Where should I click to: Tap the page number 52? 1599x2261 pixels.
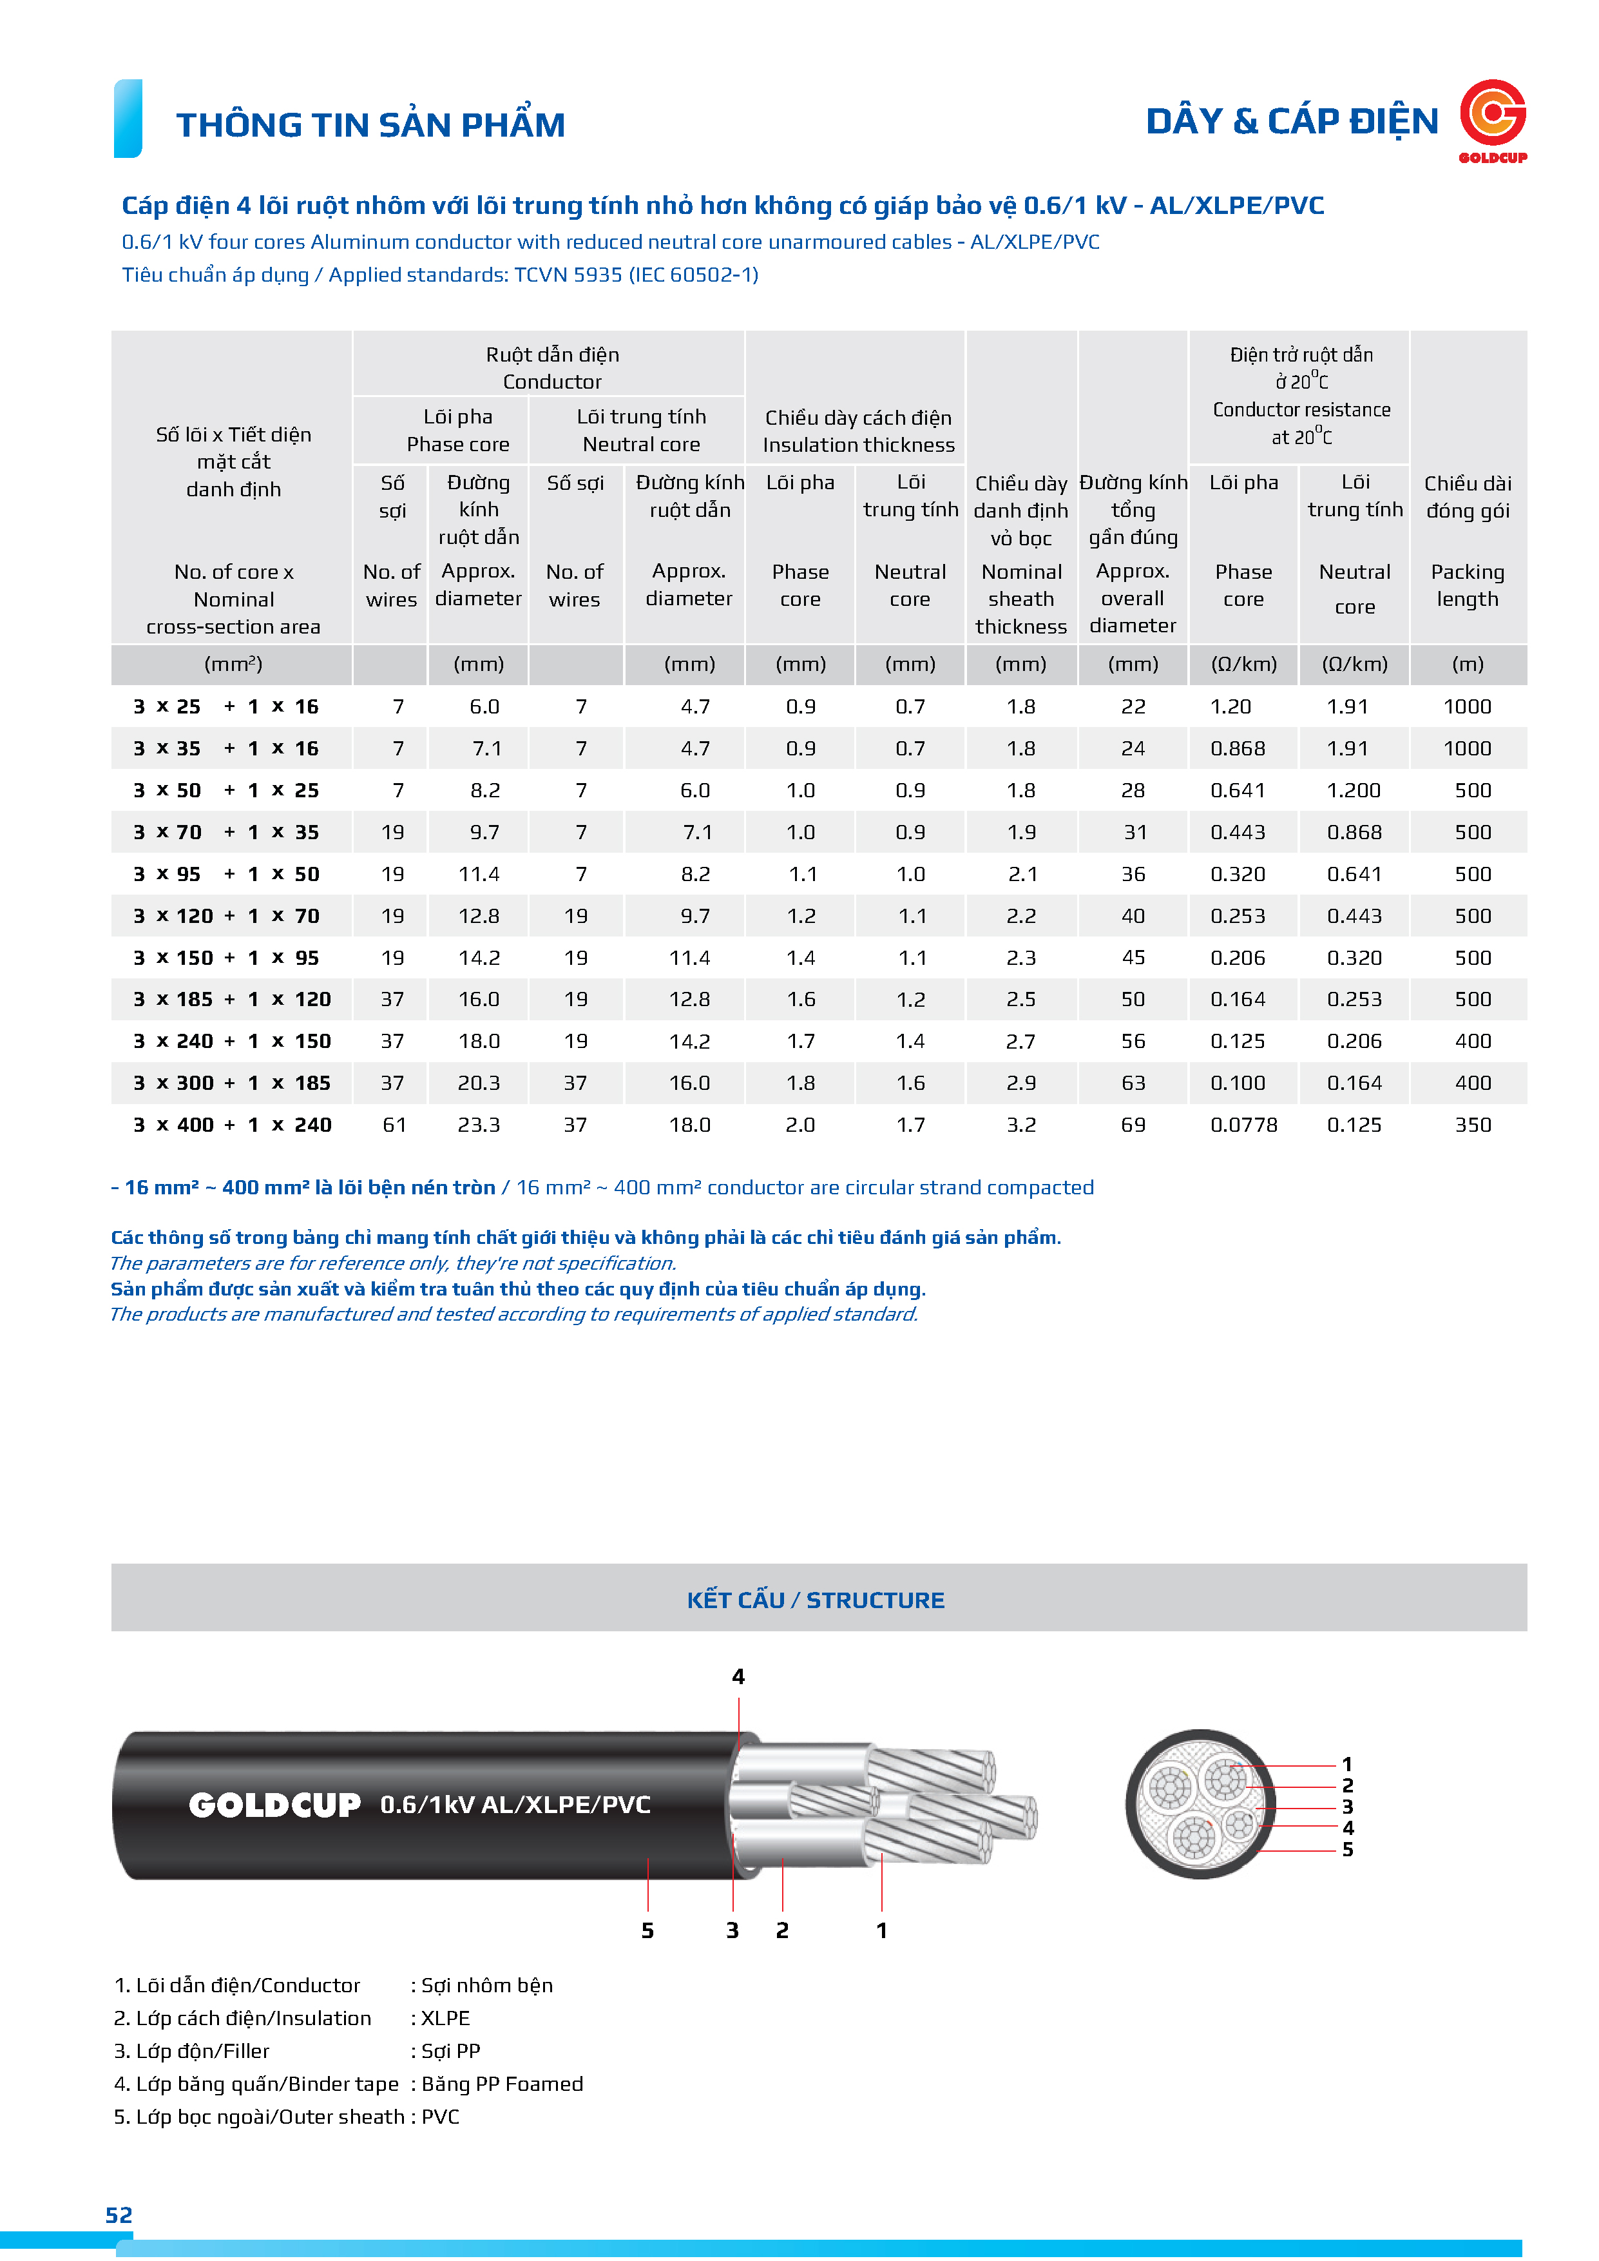point(119,2215)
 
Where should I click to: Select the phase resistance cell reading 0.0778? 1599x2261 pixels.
point(1243,1125)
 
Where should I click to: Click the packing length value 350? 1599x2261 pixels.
point(1472,1125)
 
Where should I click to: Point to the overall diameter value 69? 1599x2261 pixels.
point(1133,1125)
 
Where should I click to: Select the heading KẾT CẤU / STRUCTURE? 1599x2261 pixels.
point(815,1600)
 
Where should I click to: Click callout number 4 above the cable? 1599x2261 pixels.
point(738,1676)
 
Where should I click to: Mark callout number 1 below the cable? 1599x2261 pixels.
point(881,1930)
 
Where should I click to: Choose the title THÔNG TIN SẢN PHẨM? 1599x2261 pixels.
point(370,125)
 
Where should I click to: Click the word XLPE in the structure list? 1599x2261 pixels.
point(445,2018)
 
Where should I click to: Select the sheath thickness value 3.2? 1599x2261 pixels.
point(1021,1125)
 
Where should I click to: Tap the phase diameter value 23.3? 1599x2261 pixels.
point(479,1125)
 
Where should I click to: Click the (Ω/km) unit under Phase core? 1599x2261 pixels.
point(1243,665)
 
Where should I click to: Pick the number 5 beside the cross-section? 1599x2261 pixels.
point(1347,1849)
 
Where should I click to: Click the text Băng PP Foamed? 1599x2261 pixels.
point(502,2084)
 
